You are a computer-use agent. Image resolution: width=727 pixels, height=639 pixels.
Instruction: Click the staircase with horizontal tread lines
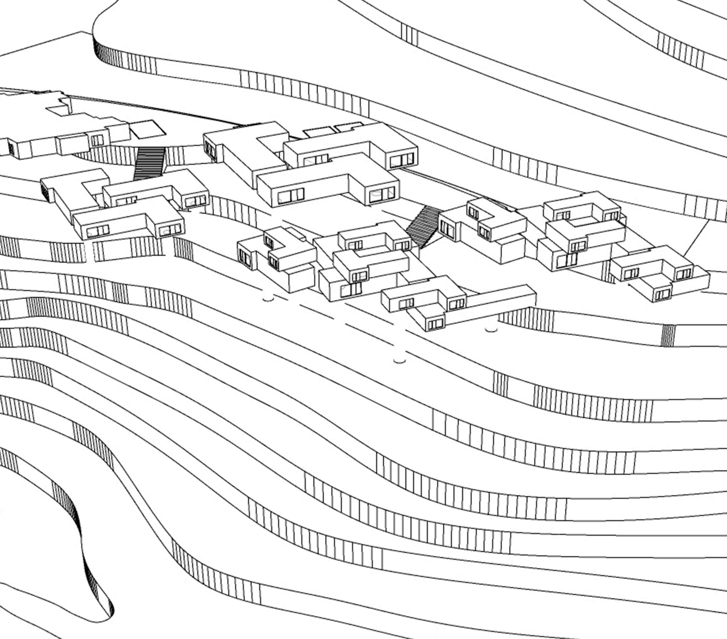pos(149,163)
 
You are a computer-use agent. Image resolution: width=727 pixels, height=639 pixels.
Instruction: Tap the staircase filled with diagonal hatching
pos(423,226)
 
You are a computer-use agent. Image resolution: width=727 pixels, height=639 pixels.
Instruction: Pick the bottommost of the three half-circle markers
pos(399,361)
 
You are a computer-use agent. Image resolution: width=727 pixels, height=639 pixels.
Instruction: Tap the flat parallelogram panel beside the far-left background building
pos(148,129)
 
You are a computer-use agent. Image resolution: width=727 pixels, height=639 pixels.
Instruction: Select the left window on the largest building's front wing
pos(291,195)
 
